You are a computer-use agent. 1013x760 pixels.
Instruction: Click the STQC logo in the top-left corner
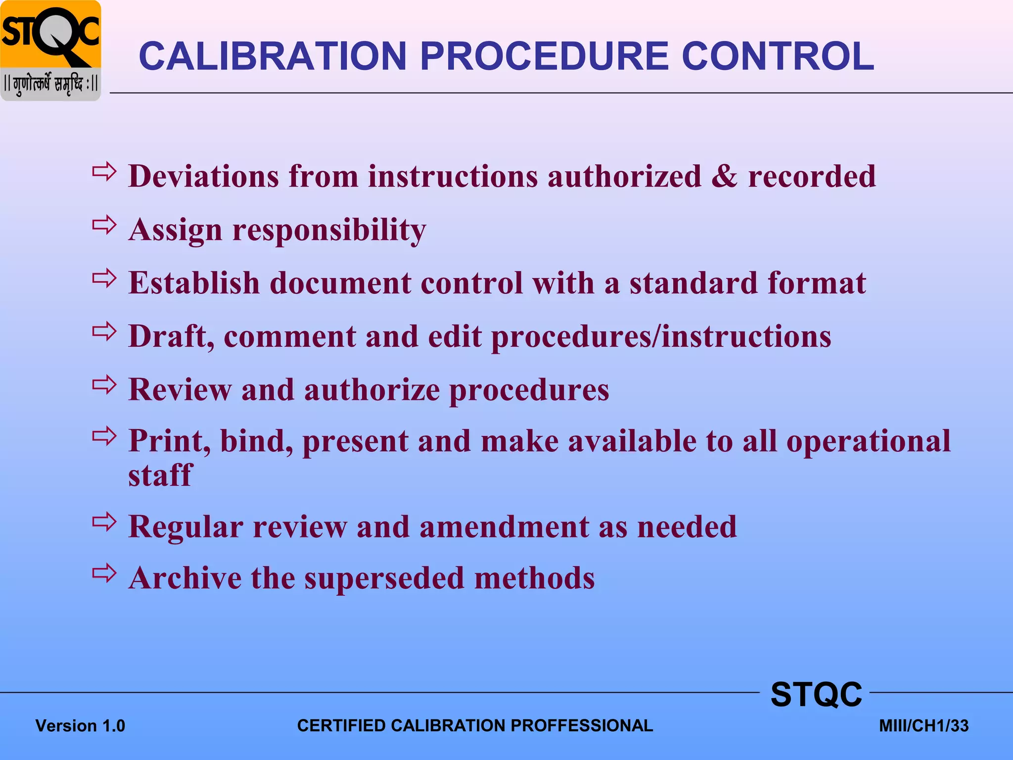pyautogui.click(x=50, y=50)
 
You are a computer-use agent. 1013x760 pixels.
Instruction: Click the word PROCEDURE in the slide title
pyautogui.click(x=544, y=56)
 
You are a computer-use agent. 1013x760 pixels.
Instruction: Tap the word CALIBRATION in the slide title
pyautogui.click(x=273, y=56)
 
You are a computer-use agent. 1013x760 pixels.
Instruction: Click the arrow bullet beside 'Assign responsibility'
pyautogui.click(x=104, y=226)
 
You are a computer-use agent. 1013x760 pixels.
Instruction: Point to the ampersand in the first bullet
pyautogui.click(x=724, y=176)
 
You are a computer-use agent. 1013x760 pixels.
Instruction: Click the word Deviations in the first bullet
pyautogui.click(x=203, y=176)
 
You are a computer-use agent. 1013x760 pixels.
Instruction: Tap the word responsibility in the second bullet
pyautogui.click(x=329, y=231)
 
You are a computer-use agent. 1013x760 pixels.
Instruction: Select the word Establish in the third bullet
pyautogui.click(x=194, y=283)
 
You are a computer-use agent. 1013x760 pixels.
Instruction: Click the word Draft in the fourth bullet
pyautogui.click(x=171, y=336)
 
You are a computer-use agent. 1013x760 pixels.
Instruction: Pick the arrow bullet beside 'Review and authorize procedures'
pyautogui.click(x=104, y=385)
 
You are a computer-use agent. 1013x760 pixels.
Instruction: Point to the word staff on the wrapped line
pyautogui.click(x=160, y=475)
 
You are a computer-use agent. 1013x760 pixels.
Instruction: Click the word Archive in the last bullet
pyautogui.click(x=184, y=578)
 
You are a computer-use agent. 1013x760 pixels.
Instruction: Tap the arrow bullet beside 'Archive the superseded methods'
pyautogui.click(x=104, y=573)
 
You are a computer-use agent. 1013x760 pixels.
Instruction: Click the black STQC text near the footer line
pyautogui.click(x=816, y=694)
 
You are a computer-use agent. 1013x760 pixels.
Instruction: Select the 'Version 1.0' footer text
pyautogui.click(x=80, y=726)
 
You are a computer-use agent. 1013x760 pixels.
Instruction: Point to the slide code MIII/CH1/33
pyautogui.click(x=923, y=726)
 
